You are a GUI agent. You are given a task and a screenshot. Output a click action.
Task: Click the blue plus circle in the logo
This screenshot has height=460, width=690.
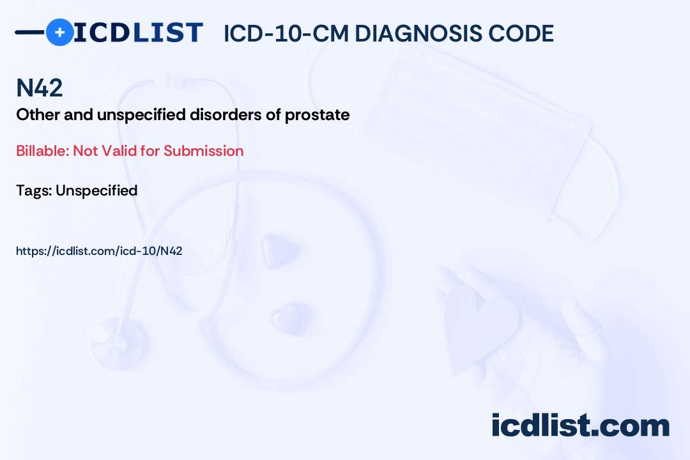59,32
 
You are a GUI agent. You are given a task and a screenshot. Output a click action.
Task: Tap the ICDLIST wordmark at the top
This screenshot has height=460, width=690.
138,33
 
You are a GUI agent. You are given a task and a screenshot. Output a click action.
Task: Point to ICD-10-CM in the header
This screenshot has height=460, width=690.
286,33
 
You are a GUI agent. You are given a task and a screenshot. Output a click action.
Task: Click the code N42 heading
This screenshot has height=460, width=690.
40,88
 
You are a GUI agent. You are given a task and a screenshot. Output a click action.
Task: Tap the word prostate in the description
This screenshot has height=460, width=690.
318,115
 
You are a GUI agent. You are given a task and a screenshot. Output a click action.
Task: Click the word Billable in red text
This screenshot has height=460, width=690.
42,151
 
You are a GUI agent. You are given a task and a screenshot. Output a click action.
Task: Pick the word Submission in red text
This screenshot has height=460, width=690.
204,151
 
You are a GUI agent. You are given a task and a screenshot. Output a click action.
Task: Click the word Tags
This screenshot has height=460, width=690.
33,190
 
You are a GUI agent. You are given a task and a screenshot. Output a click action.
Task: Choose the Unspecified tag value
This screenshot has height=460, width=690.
96,190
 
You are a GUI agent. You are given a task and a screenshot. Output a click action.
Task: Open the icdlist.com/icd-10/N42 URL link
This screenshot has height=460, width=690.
99,251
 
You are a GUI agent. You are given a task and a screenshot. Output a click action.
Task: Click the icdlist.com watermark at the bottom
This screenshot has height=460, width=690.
580,425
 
